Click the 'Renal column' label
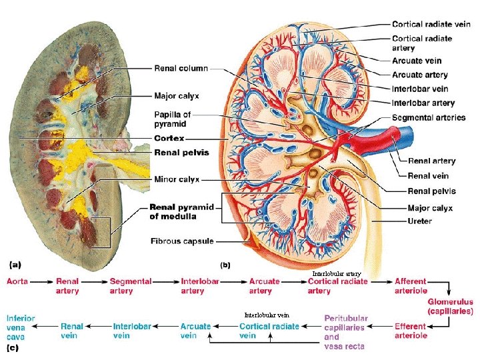tap(181, 68)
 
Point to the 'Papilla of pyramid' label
tap(173, 119)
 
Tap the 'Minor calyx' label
tap(177, 179)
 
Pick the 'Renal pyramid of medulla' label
tap(181, 211)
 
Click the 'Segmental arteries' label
tap(429, 117)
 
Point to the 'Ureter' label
tap(419, 221)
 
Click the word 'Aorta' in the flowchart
tap(17, 282)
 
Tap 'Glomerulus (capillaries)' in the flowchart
tap(451, 306)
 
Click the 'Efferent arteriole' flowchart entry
tap(410, 331)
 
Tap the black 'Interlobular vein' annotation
tap(267, 315)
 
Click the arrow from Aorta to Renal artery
tap(42, 282)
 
